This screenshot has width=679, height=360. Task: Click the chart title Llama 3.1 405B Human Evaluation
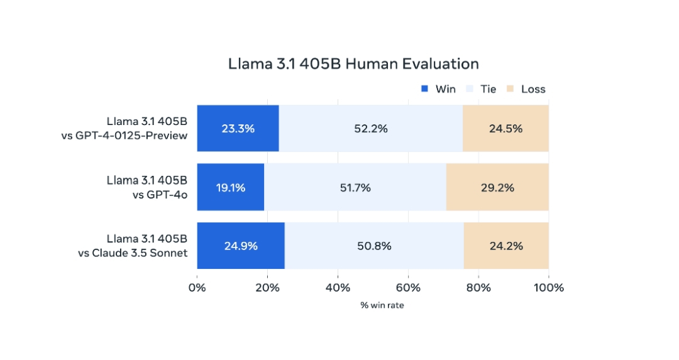tap(353, 64)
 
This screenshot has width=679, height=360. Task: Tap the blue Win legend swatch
tap(424, 89)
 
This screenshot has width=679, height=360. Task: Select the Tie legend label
tap(488, 89)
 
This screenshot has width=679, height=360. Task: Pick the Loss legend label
tap(533, 89)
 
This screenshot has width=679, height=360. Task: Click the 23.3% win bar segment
tap(238, 129)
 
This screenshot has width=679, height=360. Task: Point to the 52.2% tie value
tap(370, 129)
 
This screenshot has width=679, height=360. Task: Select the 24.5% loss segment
tap(505, 129)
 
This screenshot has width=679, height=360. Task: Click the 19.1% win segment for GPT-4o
tap(230, 187)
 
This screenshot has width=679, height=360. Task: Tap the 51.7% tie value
tap(355, 187)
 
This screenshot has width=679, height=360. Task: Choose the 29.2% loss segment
tap(497, 187)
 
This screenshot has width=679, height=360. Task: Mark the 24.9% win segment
tap(241, 246)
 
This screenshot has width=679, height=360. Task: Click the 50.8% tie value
tap(374, 246)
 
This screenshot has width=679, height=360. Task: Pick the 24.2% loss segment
tap(506, 246)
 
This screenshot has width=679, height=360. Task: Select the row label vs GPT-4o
tap(160, 194)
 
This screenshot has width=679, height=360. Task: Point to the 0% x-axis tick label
tap(197, 288)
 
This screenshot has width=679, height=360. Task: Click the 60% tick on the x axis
tap(408, 288)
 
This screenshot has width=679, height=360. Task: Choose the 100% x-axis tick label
tap(548, 288)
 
